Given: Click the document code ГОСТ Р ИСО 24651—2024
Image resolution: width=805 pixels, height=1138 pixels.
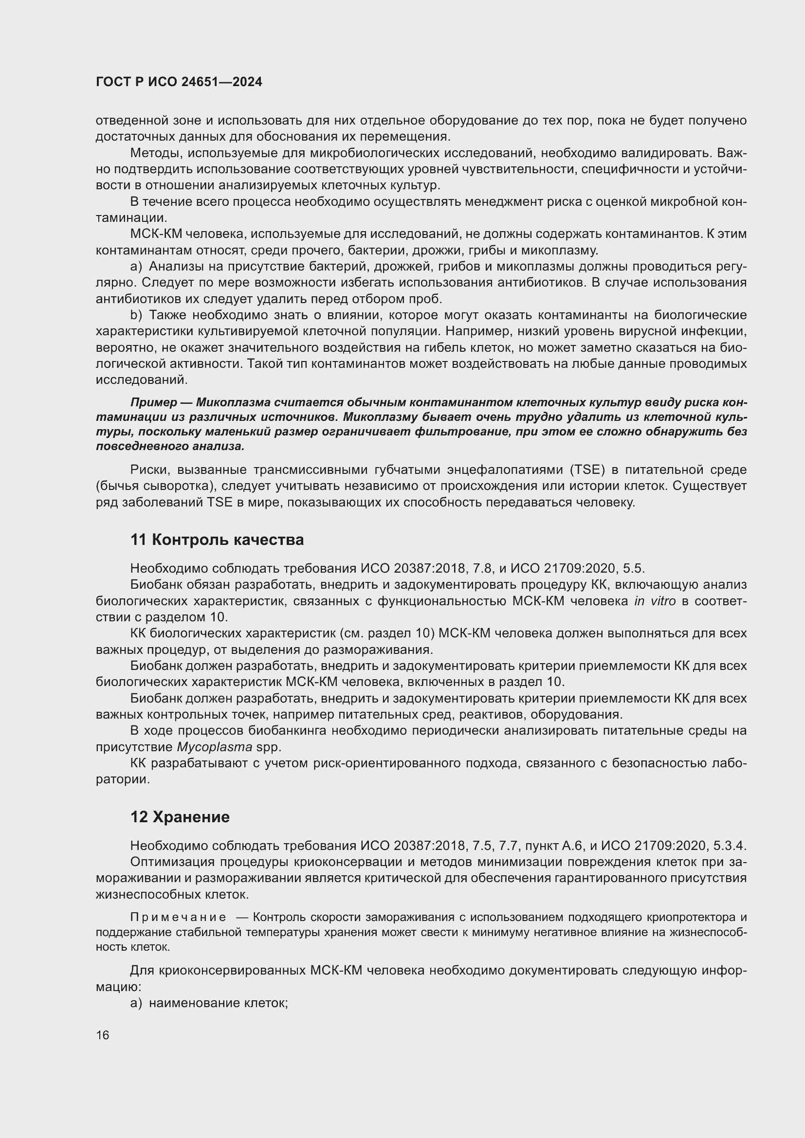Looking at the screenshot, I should (x=179, y=82).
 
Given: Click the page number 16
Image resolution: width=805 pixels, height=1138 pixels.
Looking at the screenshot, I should (x=103, y=1035).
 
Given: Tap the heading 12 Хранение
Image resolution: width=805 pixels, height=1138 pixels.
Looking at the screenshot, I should (x=180, y=817).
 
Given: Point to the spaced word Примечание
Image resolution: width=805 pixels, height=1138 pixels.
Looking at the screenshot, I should (x=178, y=918).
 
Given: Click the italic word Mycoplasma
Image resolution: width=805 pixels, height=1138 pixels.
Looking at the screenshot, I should (x=214, y=746).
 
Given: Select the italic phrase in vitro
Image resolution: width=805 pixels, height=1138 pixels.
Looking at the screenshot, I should (x=655, y=601).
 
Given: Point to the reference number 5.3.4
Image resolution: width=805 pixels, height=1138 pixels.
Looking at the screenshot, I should (x=730, y=845).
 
